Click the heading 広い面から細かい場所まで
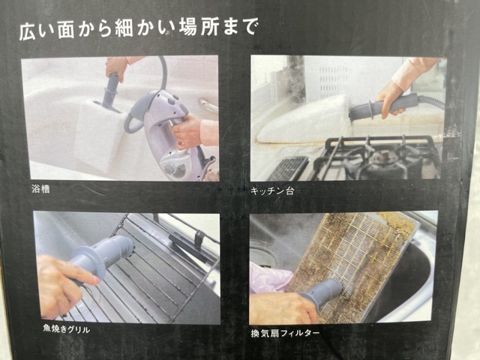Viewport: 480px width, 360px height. tap(137, 30)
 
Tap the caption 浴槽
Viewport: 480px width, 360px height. tap(43, 190)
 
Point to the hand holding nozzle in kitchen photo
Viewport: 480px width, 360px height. tap(394, 95)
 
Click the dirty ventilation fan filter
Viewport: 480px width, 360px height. tap(352, 255)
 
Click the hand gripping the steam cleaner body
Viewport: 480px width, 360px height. tap(187, 133)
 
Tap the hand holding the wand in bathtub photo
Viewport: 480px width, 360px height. tap(117, 67)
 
